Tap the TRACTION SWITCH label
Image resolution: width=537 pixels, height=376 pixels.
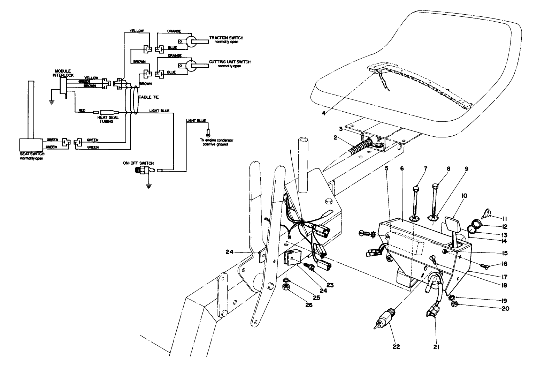[x=226, y=38]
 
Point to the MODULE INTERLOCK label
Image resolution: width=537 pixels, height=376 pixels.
[x=61, y=73]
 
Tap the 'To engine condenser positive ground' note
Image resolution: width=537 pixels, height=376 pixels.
[x=218, y=142]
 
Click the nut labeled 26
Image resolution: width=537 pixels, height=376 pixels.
[x=285, y=287]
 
